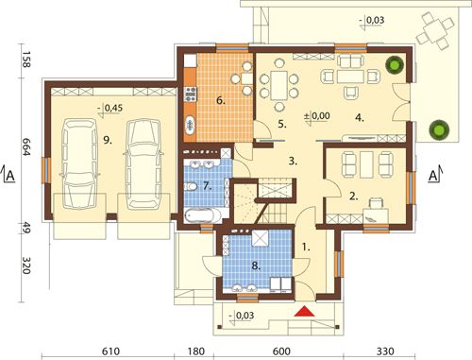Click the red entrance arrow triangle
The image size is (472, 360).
[x=305, y=311]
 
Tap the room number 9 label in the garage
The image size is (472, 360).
[x=108, y=140]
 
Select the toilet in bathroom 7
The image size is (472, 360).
[x=190, y=187]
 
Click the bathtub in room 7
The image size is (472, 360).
[x=202, y=216]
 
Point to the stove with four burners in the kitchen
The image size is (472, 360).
[x=191, y=94]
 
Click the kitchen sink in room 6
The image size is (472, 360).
[x=190, y=126]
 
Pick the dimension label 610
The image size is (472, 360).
[x=110, y=351]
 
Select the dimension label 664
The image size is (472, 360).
[x=25, y=147]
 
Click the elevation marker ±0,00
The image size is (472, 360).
[x=317, y=116]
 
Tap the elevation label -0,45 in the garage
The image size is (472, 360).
[x=110, y=109]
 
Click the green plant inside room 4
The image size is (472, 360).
[x=395, y=64]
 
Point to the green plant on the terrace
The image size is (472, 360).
[x=439, y=129]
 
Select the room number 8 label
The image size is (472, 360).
[x=256, y=266]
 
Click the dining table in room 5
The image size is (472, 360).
[x=278, y=85]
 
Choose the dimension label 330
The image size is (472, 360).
[x=385, y=351]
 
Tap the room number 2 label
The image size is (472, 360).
[x=354, y=197]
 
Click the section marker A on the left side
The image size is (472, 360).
[x=9, y=175]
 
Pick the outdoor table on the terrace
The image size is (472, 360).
[x=435, y=31]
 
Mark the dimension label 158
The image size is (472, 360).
[x=25, y=59]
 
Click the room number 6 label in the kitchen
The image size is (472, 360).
[x=221, y=101]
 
